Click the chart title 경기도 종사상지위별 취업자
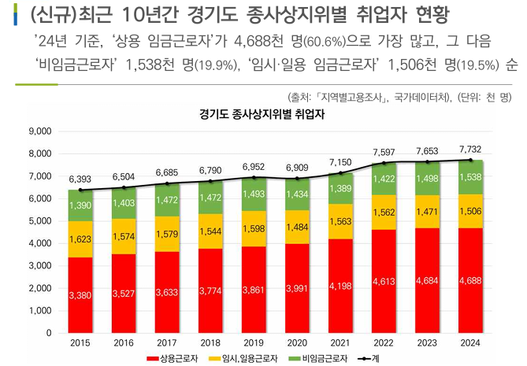263,113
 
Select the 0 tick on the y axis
48,334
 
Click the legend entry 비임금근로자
323,359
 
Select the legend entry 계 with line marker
378,359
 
